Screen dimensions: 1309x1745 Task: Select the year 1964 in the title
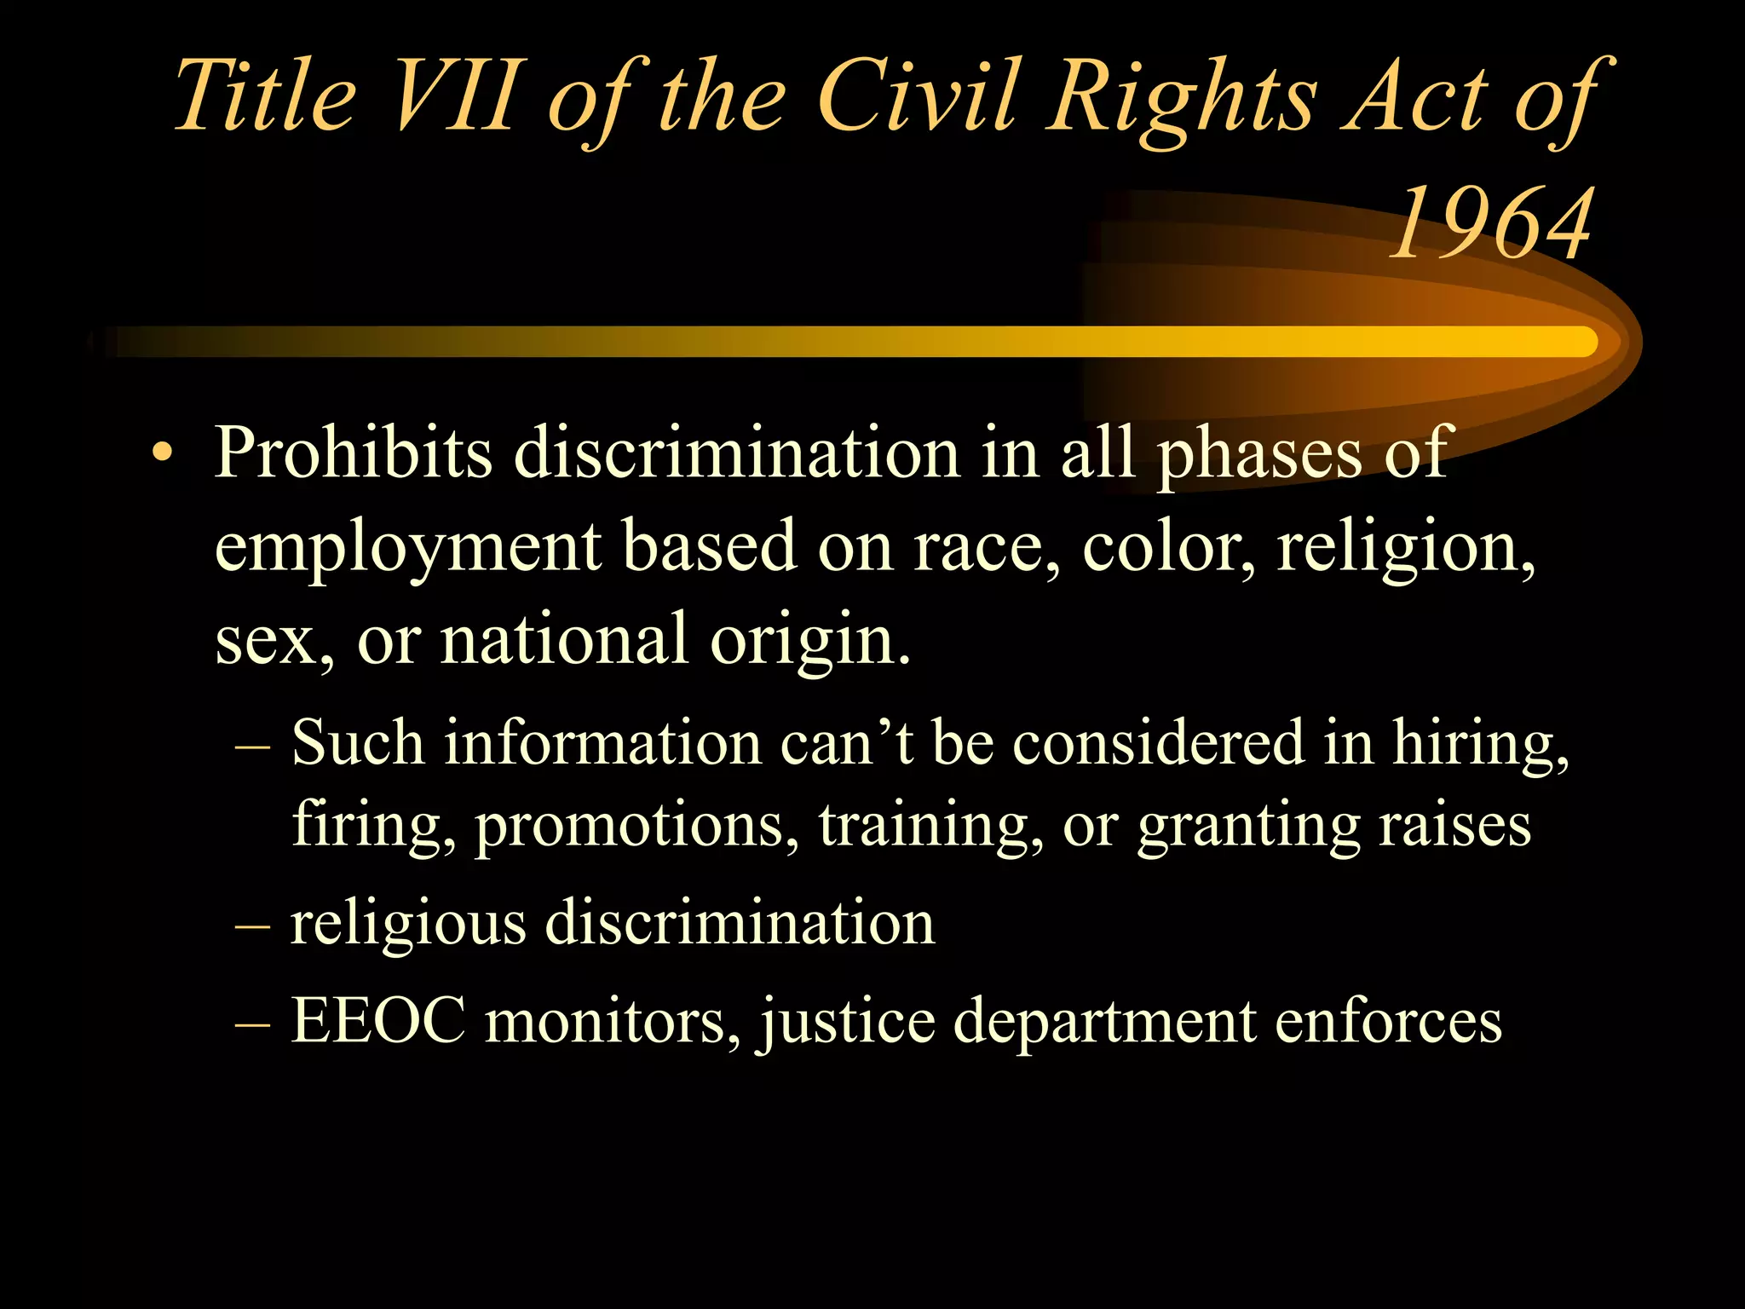point(1490,223)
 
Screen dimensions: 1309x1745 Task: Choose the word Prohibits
point(353,453)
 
